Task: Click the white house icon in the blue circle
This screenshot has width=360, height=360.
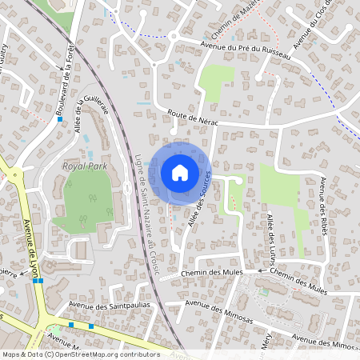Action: click(180, 172)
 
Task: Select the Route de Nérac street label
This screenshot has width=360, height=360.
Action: click(192, 116)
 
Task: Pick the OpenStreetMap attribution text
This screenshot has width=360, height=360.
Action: click(80, 354)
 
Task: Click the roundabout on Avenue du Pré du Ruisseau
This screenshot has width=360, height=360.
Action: click(173, 35)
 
